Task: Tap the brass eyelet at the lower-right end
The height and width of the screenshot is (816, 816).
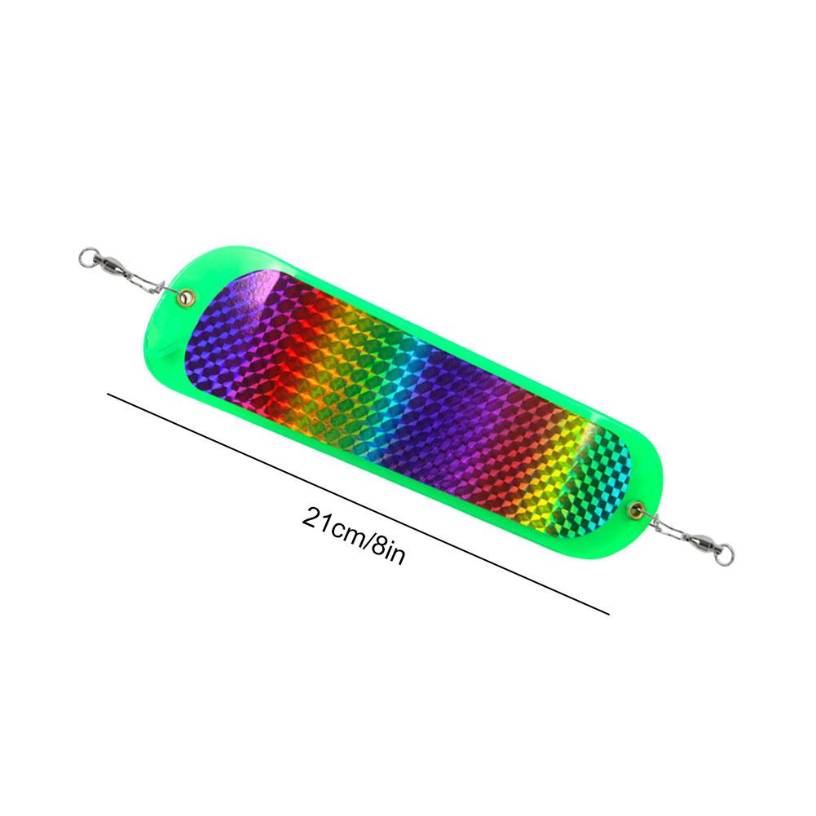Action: coord(636,509)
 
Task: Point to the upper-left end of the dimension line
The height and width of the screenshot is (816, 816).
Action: coord(108,395)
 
